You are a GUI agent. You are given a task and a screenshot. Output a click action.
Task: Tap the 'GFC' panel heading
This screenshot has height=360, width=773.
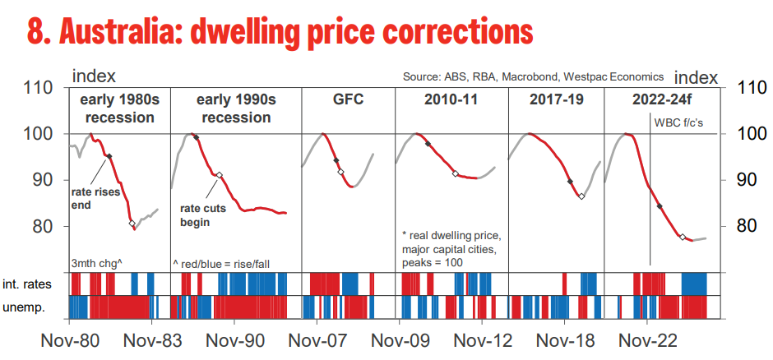[x=348, y=100]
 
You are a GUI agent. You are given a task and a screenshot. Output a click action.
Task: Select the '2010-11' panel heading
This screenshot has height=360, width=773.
[x=451, y=100]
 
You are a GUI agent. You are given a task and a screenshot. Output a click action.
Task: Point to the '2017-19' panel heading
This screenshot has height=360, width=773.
[x=556, y=100]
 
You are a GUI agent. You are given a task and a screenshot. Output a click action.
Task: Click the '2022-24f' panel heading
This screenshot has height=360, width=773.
[x=661, y=100]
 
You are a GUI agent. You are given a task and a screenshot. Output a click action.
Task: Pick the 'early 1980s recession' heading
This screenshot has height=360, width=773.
[x=118, y=108]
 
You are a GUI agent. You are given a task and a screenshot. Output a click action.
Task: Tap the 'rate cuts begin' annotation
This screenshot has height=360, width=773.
[x=203, y=215]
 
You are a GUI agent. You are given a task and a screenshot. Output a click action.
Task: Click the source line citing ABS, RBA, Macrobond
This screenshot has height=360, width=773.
[x=533, y=77]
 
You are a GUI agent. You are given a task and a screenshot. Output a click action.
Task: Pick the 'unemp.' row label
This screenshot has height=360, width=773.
[x=33, y=307]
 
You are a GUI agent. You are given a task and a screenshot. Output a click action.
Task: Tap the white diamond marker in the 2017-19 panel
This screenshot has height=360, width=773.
[x=581, y=196]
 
